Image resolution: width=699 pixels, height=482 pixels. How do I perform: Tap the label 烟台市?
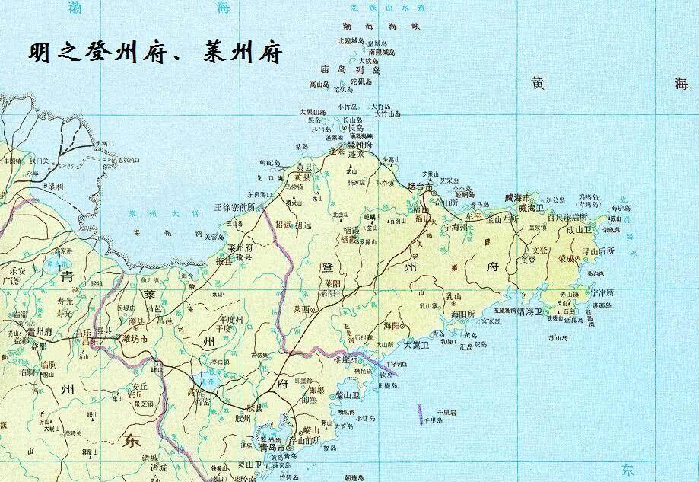pyautogui.click(x=421, y=186)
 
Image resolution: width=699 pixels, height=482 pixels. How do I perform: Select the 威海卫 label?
pyautogui.click(x=531, y=207)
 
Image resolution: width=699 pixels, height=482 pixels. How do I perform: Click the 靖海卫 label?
pyautogui.click(x=531, y=311)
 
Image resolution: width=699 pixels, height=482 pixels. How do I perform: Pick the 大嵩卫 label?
pyautogui.click(x=416, y=345)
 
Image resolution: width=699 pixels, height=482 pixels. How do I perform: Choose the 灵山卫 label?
pyautogui.click(x=248, y=464)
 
